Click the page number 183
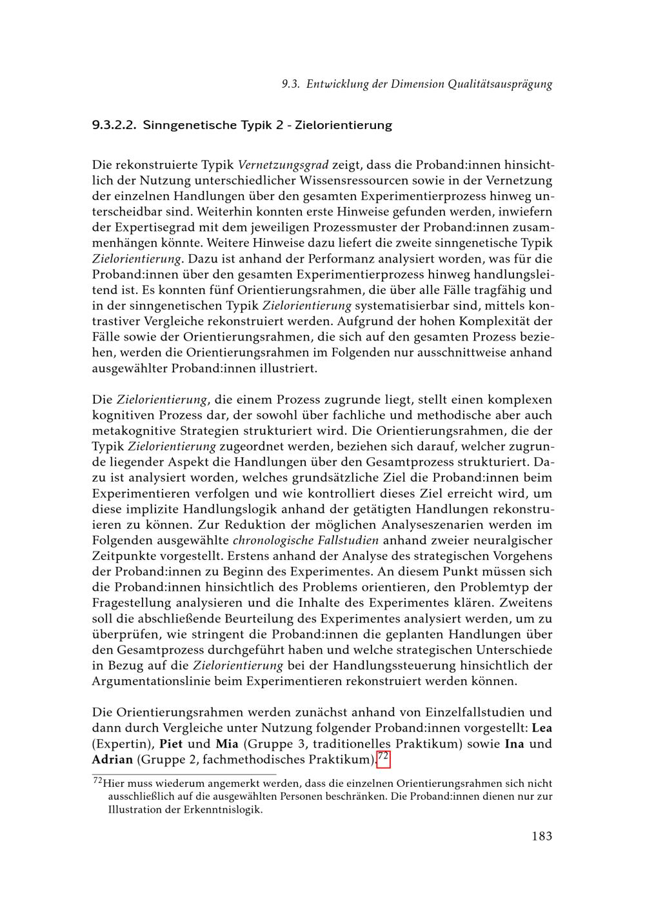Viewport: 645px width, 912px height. click(542, 837)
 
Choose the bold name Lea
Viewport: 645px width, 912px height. click(541, 728)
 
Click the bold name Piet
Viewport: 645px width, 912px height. click(171, 744)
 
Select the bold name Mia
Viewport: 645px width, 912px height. click(226, 744)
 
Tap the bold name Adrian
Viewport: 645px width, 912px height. click(112, 759)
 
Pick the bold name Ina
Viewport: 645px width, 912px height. click(514, 744)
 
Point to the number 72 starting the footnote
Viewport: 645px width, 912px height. click(98, 782)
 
